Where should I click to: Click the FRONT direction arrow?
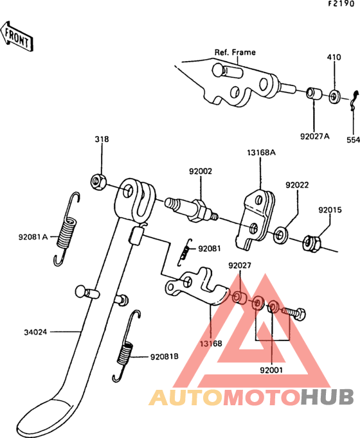(17, 37)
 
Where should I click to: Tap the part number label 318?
(102, 139)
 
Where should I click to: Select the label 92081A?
(33, 237)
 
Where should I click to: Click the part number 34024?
(35, 332)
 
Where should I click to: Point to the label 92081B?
(165, 356)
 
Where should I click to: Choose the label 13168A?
(261, 153)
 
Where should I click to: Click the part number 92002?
(201, 171)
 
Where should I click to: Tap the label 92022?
(297, 185)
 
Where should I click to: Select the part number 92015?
(330, 210)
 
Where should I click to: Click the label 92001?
(271, 370)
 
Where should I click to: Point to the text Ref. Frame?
(235, 52)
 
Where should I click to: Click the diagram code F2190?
(341, 4)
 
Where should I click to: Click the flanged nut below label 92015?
(311, 243)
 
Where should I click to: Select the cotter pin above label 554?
(354, 100)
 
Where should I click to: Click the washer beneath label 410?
(334, 96)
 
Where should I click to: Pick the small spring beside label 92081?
(184, 252)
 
